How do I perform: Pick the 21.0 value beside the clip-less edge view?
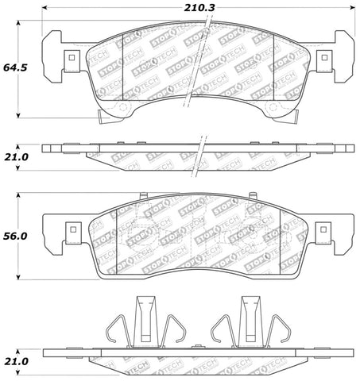pos(15,157)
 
